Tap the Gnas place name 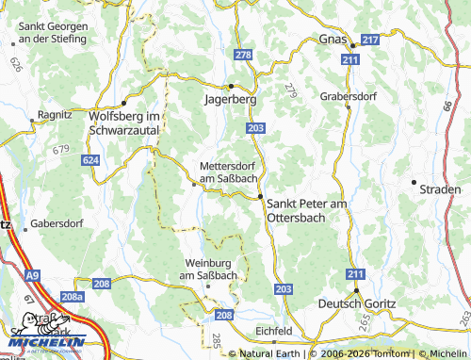(x=333, y=40)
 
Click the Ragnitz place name (x=54, y=114)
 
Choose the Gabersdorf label (x=57, y=223)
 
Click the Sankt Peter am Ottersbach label (x=308, y=210)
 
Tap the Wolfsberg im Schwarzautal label (x=124, y=122)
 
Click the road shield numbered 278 (x=243, y=56)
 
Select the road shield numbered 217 (x=370, y=40)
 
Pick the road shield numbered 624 (x=90, y=161)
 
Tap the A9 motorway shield (x=34, y=275)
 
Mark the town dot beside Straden (x=413, y=181)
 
